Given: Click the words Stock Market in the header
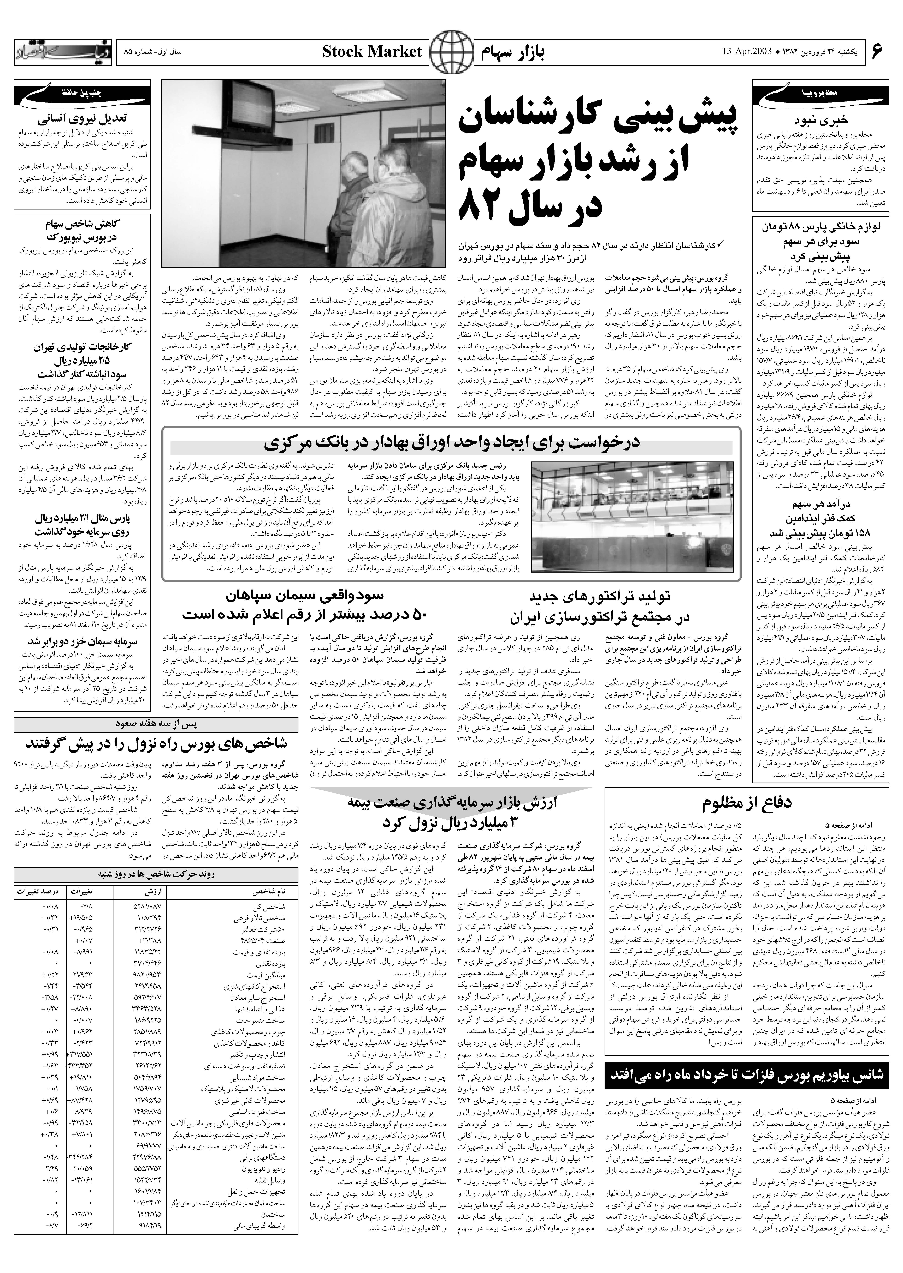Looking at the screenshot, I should point(372,52).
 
